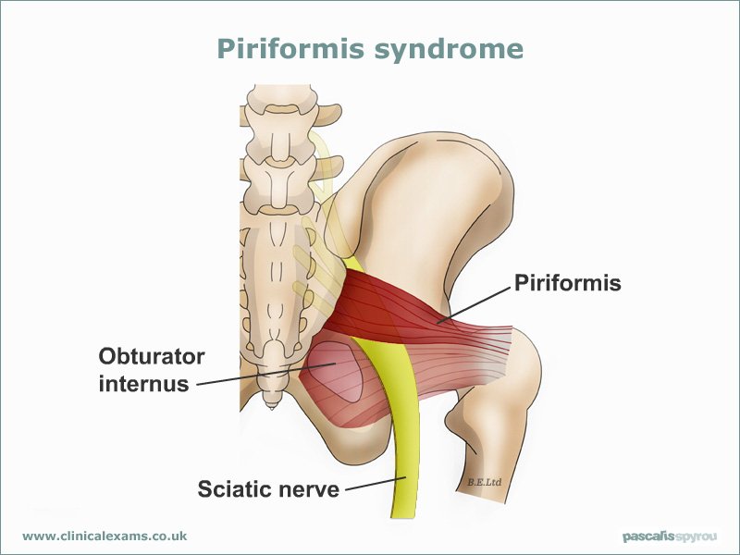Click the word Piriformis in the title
(290, 50)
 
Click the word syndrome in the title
(449, 50)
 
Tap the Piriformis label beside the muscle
(568, 283)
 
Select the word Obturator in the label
(152, 356)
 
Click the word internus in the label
(144, 383)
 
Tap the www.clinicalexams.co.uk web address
(105, 536)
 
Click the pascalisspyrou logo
(669, 536)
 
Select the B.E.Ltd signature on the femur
(484, 482)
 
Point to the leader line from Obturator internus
(265, 375)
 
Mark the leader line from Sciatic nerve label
(376, 484)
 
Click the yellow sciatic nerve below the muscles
(404, 453)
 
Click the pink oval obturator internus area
(336, 372)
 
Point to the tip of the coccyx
(272, 409)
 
